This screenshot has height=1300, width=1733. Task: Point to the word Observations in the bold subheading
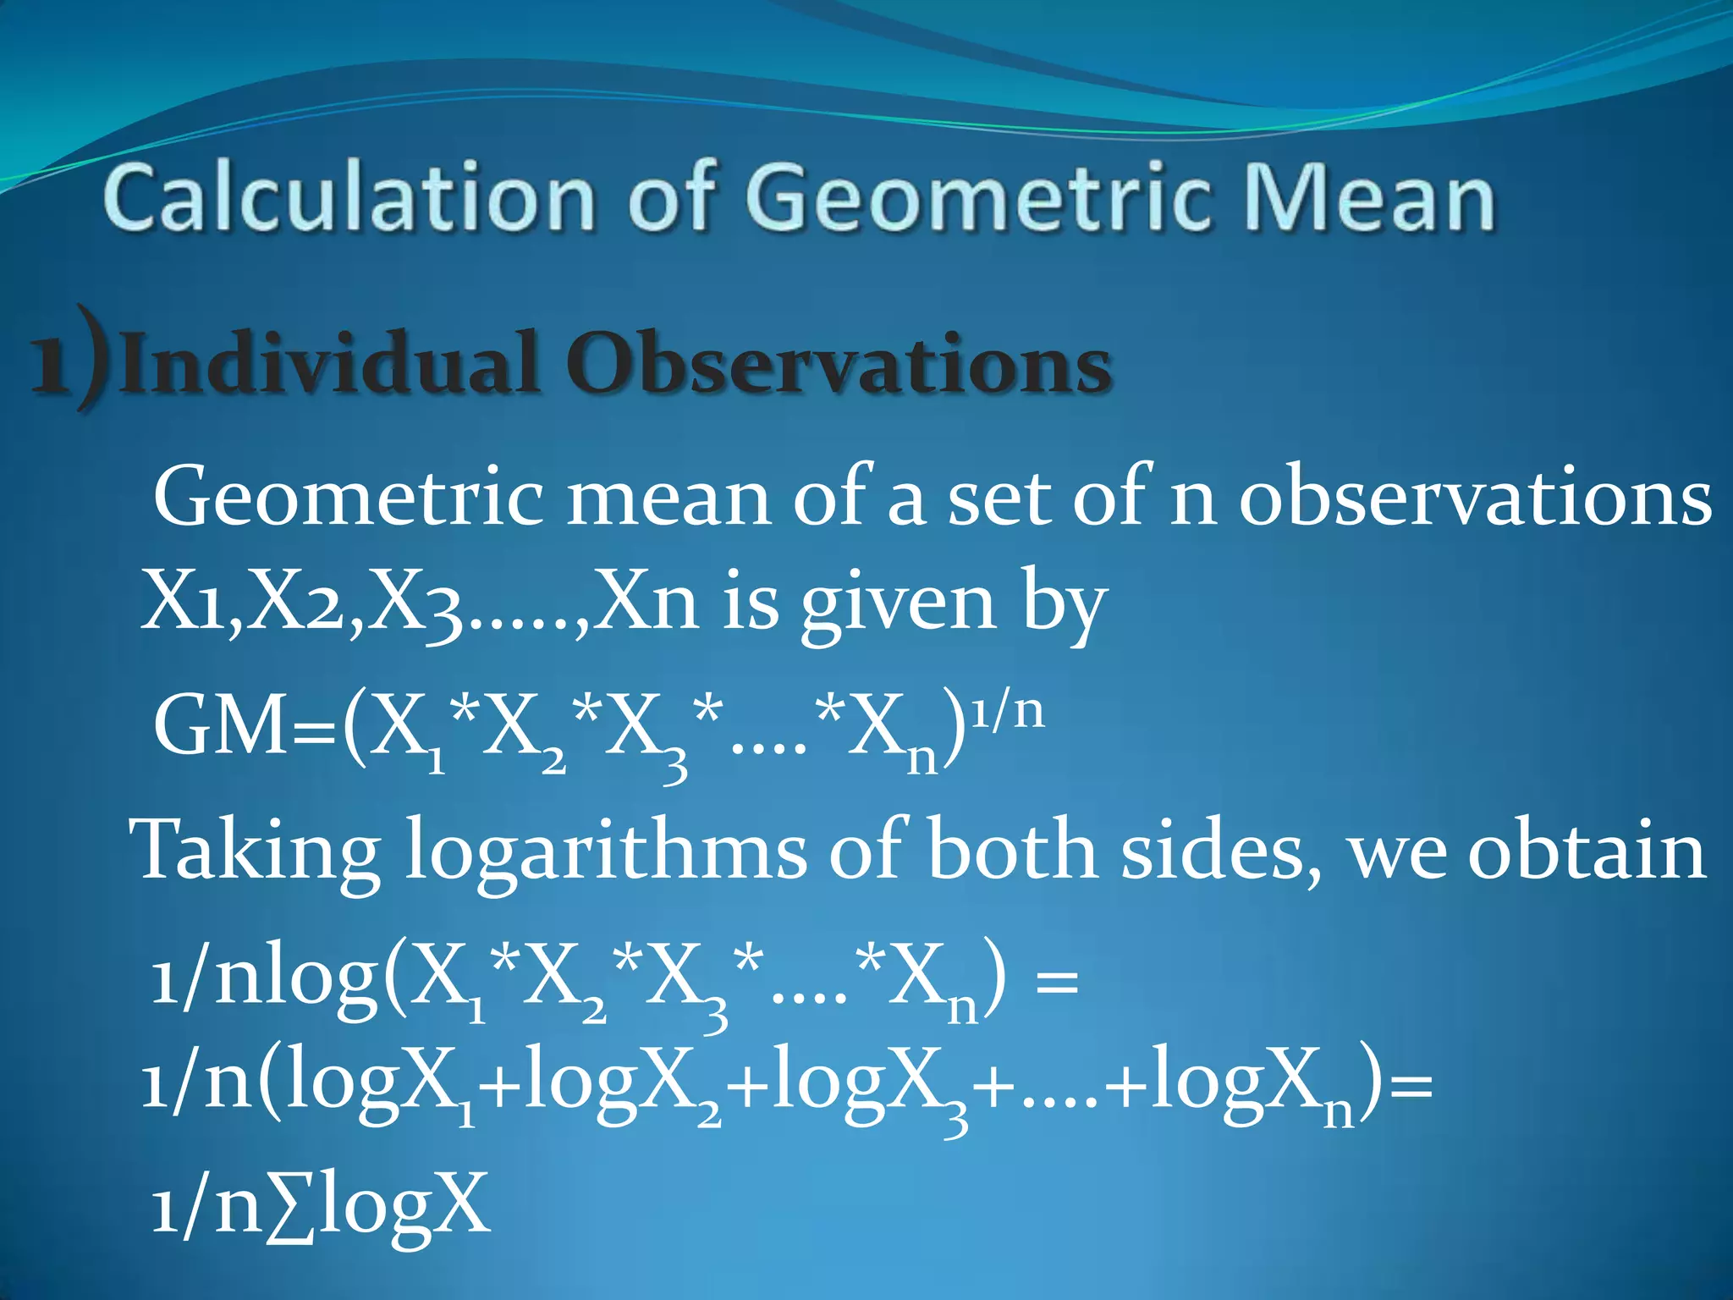(838, 364)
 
